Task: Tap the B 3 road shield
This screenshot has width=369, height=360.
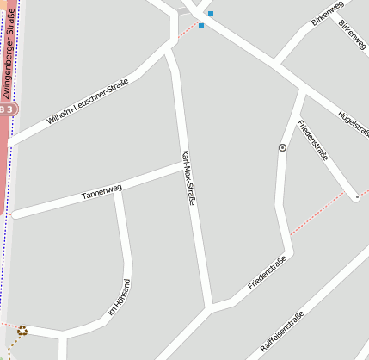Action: tap(6, 109)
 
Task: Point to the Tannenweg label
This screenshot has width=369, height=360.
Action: tap(101, 192)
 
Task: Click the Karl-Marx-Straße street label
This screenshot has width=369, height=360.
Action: tap(188, 177)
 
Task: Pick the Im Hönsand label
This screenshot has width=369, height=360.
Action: tap(118, 299)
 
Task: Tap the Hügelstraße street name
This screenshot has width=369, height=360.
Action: tap(354, 123)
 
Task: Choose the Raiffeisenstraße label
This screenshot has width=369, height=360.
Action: tap(282, 335)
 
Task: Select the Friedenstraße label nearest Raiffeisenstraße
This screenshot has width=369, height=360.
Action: tap(267, 272)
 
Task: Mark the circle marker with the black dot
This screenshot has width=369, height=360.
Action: tap(282, 147)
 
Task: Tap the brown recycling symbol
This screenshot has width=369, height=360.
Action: tap(22, 330)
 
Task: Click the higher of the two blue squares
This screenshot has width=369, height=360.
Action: tap(211, 14)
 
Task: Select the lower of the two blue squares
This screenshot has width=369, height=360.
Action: tap(201, 26)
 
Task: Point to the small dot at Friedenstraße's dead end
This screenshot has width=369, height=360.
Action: tap(356, 197)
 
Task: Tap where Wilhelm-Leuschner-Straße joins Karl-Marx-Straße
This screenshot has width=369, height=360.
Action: tap(169, 47)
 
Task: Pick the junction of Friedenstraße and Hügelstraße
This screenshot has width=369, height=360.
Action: tap(303, 90)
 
